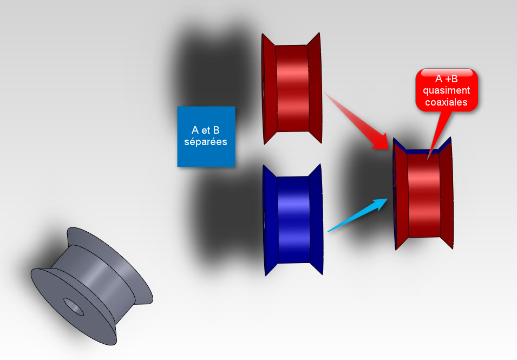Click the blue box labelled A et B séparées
pos(206,136)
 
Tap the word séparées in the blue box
pos(206,142)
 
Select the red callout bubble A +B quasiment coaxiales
pos(447,90)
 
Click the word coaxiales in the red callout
pos(447,102)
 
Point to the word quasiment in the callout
pos(447,90)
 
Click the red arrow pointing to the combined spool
pos(356,121)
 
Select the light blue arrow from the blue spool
pos(358,215)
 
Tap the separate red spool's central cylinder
pos(292,88)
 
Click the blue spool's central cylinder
pos(294,220)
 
